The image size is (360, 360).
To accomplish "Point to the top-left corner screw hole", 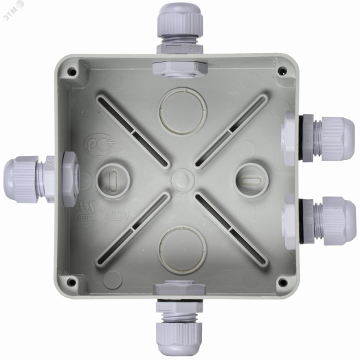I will point(71,71).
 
